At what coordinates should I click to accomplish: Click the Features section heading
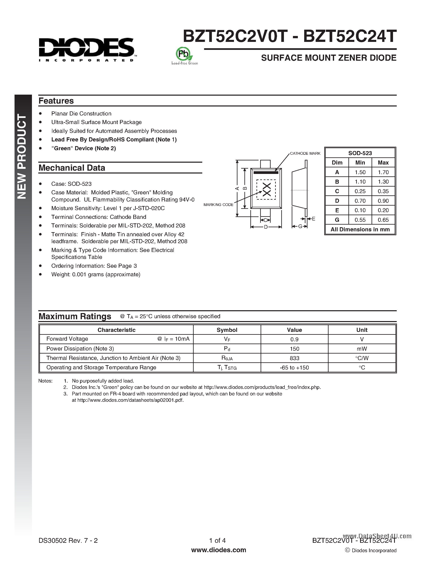[56, 101]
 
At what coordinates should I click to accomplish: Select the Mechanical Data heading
[72, 168]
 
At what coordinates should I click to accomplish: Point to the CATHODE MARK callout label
[305, 153]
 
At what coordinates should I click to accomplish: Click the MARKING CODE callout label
[218, 205]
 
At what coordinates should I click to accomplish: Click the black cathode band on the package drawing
[266, 172]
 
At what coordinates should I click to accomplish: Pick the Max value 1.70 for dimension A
[383, 172]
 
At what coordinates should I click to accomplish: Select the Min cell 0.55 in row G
[360, 220]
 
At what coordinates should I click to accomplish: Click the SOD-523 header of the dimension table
[360, 153]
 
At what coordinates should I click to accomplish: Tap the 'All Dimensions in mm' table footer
[360, 229]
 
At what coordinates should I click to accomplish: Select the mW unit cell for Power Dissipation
[362, 349]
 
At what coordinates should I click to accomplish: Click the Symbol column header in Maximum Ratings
[227, 330]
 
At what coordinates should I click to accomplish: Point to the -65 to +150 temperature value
[294, 367]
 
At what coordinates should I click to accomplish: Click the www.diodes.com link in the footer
[219, 550]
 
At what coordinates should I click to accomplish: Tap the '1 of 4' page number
[217, 540]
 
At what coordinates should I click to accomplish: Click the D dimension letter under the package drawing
[266, 227]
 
